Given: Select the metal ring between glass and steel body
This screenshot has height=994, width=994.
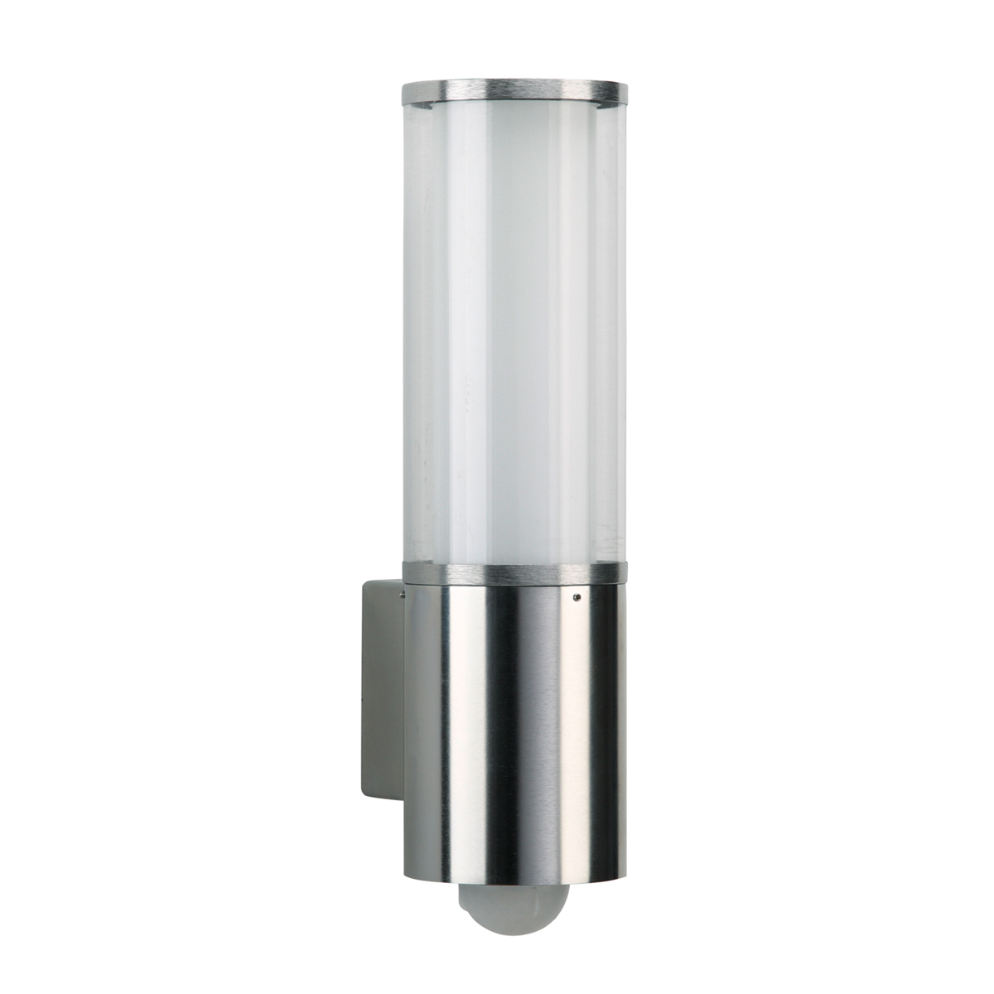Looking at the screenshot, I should pyautogui.click(x=514, y=572).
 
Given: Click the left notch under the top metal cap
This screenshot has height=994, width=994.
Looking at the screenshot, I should pyautogui.click(x=422, y=106).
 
